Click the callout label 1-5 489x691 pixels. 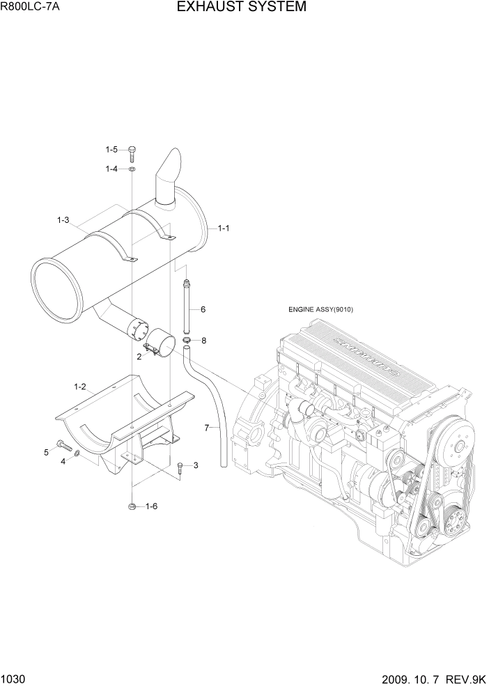click(112, 150)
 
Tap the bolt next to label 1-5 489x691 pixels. click(132, 151)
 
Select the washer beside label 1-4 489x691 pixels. click(132, 169)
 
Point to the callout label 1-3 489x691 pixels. click(63, 220)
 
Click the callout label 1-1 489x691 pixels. click(224, 228)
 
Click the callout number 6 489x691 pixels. click(203, 309)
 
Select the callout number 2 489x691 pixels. click(139, 357)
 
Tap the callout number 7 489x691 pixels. click(207, 427)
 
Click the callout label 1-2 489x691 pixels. click(80, 386)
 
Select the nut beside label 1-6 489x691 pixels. click(132, 506)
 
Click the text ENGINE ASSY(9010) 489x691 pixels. click(321, 310)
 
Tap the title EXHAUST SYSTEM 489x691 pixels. click(241, 8)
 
